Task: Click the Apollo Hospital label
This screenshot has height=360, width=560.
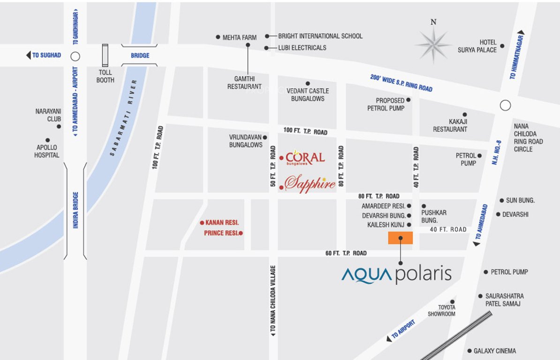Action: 47,151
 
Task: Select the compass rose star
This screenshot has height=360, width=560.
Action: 433,45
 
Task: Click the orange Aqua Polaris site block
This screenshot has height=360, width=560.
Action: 400,238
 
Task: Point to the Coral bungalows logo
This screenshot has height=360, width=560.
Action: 305,158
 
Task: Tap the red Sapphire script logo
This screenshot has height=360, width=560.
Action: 310,183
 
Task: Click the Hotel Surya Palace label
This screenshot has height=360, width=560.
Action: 477,46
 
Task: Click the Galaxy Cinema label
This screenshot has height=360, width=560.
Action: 494,351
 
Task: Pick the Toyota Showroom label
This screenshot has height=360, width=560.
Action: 441,311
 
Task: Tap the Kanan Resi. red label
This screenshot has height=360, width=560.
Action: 222,223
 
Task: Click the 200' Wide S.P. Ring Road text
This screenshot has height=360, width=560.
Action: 401,83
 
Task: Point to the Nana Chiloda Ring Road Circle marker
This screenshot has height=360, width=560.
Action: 505,105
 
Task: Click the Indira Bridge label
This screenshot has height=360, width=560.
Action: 76,210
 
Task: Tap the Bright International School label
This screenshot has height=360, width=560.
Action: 320,36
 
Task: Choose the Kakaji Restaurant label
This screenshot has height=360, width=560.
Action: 450,125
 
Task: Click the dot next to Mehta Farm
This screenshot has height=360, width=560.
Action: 218,37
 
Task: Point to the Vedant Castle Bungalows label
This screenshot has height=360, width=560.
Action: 308,95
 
